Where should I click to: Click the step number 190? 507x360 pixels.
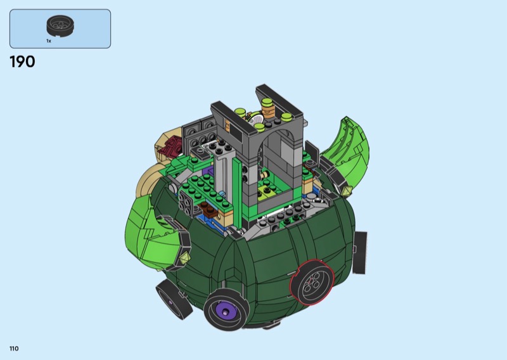point(22,61)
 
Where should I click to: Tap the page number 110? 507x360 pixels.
point(14,349)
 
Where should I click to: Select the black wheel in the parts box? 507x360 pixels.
point(60,25)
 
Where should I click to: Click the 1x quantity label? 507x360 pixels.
point(49,41)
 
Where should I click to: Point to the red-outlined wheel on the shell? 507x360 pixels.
point(312,283)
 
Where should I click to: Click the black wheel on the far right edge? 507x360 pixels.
point(359,253)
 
